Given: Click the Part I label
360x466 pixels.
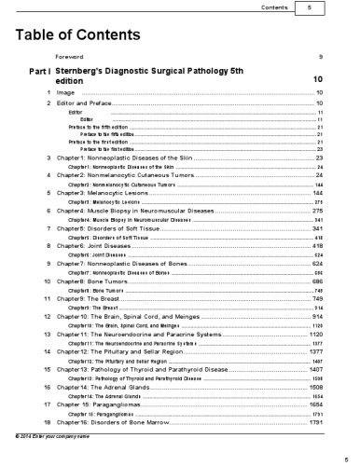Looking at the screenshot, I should (39, 71).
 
